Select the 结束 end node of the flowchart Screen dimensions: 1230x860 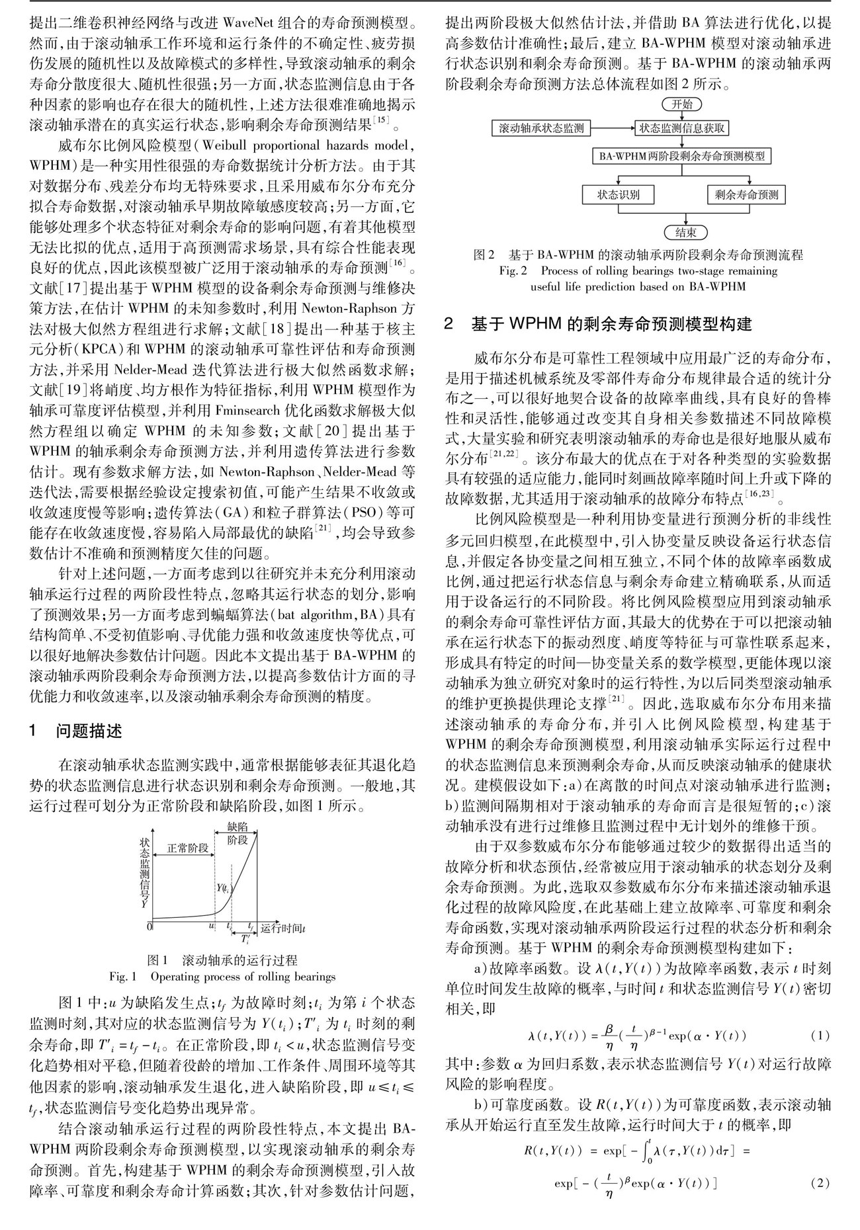(685, 232)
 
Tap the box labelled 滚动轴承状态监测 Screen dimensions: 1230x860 (542, 128)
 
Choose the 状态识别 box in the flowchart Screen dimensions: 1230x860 (618, 194)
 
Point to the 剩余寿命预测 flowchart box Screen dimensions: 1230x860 (747, 194)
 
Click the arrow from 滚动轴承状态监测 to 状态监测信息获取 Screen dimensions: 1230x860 (612, 128)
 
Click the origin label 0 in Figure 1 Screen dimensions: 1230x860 (150, 926)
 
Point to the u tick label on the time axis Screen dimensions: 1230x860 (212, 926)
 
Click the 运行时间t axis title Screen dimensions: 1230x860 (283, 927)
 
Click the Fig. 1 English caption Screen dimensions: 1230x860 (222, 977)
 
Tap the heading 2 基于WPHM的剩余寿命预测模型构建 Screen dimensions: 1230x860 (598, 324)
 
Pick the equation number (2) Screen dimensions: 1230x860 (820, 1182)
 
